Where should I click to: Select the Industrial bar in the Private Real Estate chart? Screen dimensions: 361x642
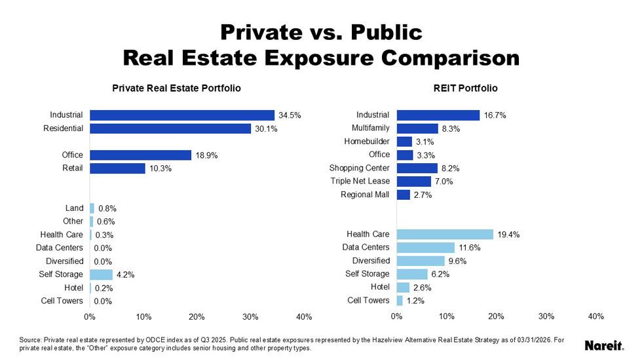(182, 115)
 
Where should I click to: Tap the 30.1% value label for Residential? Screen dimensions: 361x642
(267, 129)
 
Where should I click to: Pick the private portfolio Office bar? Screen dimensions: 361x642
(141, 155)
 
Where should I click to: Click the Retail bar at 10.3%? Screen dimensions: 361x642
(117, 168)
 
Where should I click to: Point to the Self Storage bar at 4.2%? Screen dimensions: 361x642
(102, 275)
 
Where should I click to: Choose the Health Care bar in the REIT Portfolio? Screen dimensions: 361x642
(445, 234)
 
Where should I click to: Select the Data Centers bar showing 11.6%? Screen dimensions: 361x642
(426, 248)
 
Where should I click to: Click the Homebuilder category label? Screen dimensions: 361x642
(367, 141)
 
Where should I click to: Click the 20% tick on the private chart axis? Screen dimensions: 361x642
(197, 316)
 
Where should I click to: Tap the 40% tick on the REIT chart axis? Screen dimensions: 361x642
(596, 316)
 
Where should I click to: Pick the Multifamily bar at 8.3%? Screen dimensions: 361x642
(417, 128)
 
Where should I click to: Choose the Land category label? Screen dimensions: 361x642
(73, 208)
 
